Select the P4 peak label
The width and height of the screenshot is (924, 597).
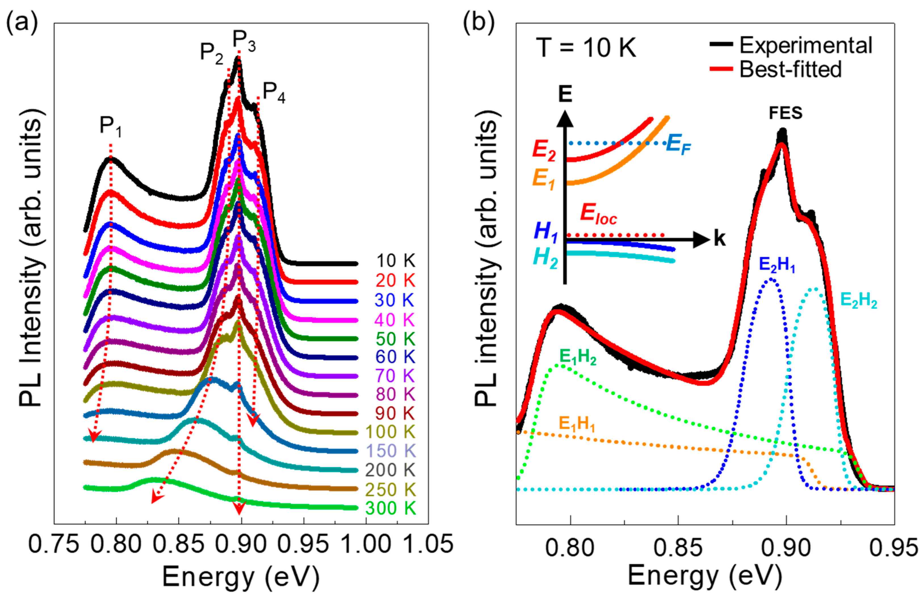(x=274, y=93)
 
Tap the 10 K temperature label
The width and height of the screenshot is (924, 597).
(x=396, y=261)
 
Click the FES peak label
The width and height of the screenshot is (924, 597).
(x=786, y=113)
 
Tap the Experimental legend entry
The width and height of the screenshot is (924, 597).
(x=806, y=46)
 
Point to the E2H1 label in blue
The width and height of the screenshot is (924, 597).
(x=777, y=266)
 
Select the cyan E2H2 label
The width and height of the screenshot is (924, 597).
(x=858, y=300)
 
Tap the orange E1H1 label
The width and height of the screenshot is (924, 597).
(x=577, y=424)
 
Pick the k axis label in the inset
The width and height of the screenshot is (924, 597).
(x=720, y=239)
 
